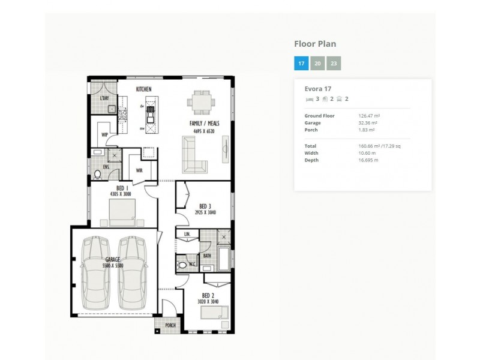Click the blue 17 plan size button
(301, 63)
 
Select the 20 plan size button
(317, 63)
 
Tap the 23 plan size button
(334, 63)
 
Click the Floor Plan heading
(315, 44)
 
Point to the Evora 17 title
(318, 89)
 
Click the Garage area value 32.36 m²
(366, 122)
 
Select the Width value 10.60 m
(367, 153)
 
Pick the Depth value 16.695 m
(368, 160)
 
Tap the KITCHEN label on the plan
(143, 89)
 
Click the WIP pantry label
(104, 134)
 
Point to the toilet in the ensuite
(98, 175)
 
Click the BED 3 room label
(205, 206)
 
